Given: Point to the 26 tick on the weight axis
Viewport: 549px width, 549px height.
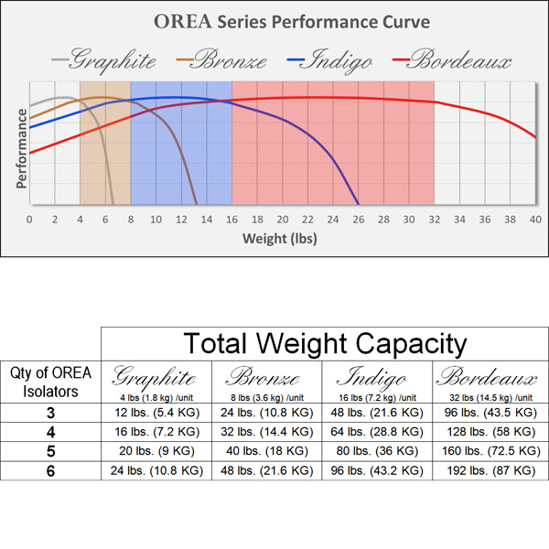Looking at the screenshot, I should [359, 220].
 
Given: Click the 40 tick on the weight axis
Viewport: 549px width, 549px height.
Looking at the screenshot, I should [535, 220].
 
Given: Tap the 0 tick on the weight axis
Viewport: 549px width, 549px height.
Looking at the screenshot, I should [29, 220].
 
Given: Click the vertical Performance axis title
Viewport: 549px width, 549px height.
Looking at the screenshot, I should [19, 147].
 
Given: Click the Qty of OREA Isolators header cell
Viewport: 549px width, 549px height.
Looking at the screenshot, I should [50, 382].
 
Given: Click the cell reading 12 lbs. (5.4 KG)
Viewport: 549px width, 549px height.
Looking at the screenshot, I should [156, 413].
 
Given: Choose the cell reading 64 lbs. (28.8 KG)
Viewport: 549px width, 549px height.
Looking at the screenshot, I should [379, 432].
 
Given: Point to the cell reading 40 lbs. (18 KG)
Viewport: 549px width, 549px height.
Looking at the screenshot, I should [267, 451].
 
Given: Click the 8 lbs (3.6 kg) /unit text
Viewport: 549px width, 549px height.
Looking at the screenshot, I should [267, 396].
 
